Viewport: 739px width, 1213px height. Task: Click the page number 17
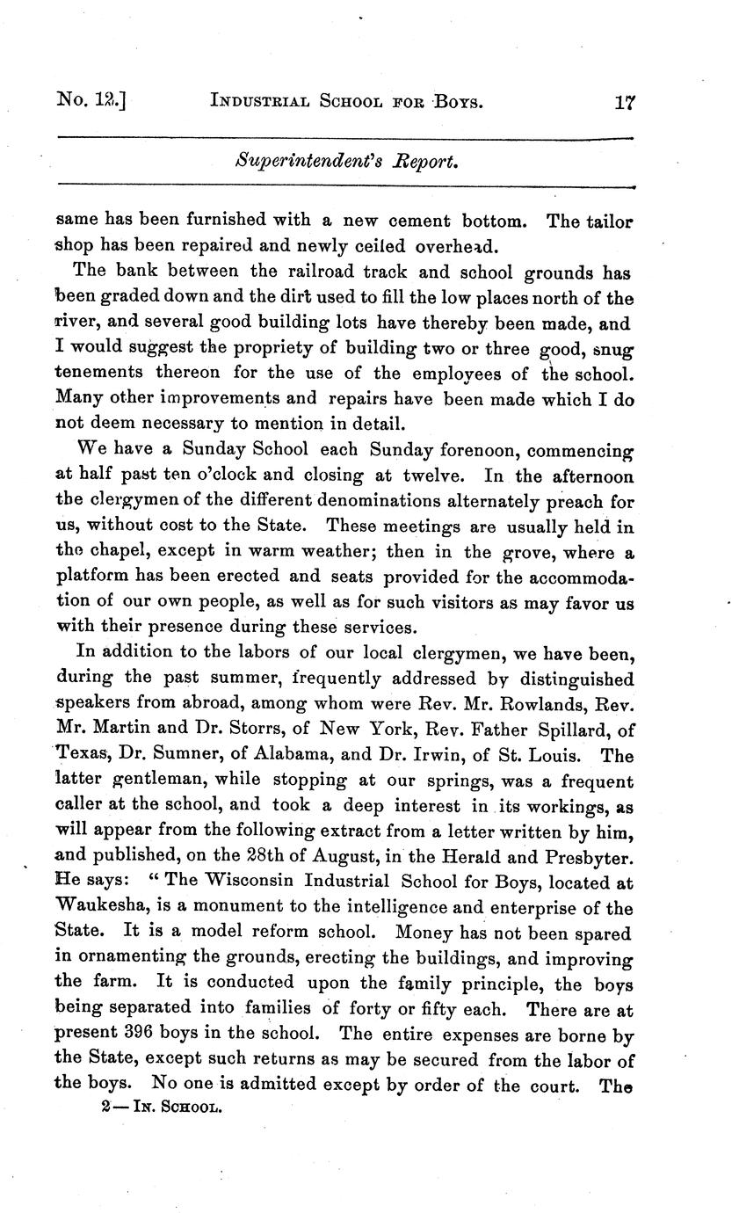[625, 102]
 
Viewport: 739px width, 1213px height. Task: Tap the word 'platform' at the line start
[90, 577]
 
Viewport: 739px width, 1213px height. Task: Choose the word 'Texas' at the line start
[79, 755]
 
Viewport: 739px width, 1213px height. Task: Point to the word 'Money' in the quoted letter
[424, 933]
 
